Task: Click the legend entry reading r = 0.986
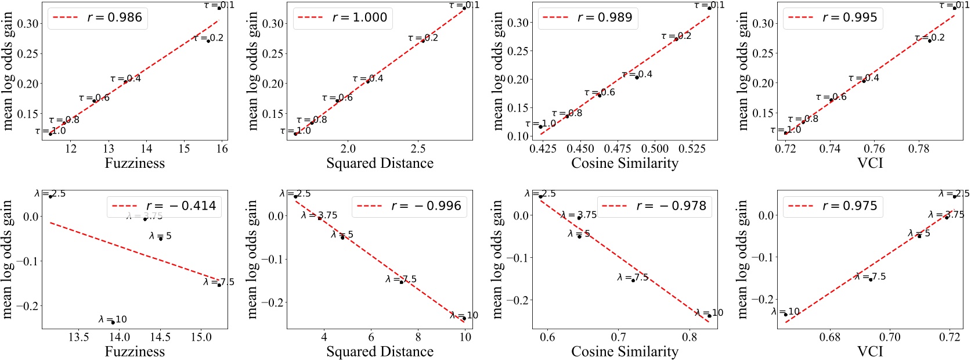[x=98, y=17]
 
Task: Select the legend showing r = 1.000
[x=342, y=17]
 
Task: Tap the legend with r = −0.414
[x=164, y=206]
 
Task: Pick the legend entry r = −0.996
[x=409, y=206]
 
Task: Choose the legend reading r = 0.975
[x=831, y=206]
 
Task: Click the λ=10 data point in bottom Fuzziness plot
[x=113, y=321]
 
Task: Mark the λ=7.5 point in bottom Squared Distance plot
[x=401, y=282]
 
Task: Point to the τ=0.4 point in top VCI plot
[x=864, y=81]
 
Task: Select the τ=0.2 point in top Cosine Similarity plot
[x=676, y=39]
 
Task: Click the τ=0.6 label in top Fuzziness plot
[x=94, y=98]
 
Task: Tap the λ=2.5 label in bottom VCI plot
[x=954, y=194]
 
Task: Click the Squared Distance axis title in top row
[x=380, y=163]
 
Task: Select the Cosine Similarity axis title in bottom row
[x=625, y=351]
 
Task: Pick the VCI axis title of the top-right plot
[x=869, y=163]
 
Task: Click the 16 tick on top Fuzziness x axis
[x=222, y=149]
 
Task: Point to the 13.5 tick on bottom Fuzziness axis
[x=79, y=337]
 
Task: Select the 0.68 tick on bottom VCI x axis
[x=830, y=337]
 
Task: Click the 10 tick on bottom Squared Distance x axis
[x=464, y=337]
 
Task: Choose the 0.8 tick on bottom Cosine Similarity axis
[x=689, y=337]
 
